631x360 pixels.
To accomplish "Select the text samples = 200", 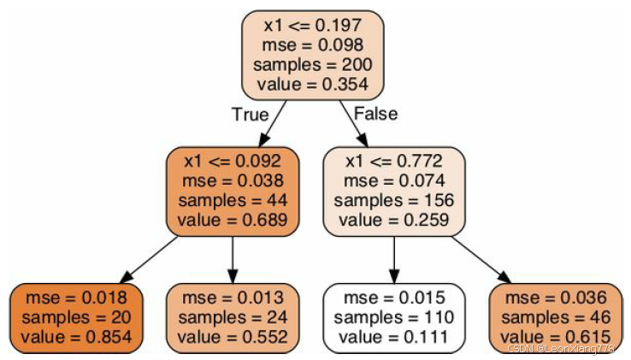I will (x=313, y=65).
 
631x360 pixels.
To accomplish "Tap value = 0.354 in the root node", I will (x=313, y=84).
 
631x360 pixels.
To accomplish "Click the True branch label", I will (x=250, y=114).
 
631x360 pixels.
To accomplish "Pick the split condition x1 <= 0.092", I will (x=233, y=161).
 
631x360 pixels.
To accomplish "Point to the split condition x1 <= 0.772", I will (x=394, y=161).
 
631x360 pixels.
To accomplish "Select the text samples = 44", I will (x=233, y=200).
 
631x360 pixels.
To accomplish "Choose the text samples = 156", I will (x=394, y=200).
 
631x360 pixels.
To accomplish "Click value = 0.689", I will (x=233, y=220).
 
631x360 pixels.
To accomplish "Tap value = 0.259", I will (x=394, y=220).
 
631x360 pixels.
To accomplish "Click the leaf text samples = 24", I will (x=233, y=317).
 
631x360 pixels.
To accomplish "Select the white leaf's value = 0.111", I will (x=394, y=336).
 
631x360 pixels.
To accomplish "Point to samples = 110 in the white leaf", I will (x=394, y=317).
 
